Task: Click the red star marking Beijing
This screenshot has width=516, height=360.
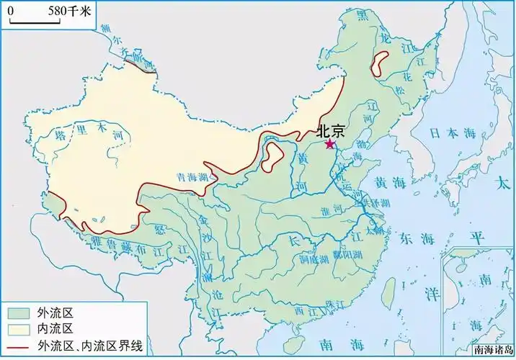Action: (330, 144)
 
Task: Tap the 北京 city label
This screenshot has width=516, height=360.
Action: (331, 132)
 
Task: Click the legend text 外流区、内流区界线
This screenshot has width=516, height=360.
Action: (91, 346)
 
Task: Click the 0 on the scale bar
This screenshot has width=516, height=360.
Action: (12, 11)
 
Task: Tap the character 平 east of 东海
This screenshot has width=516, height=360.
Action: (475, 238)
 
